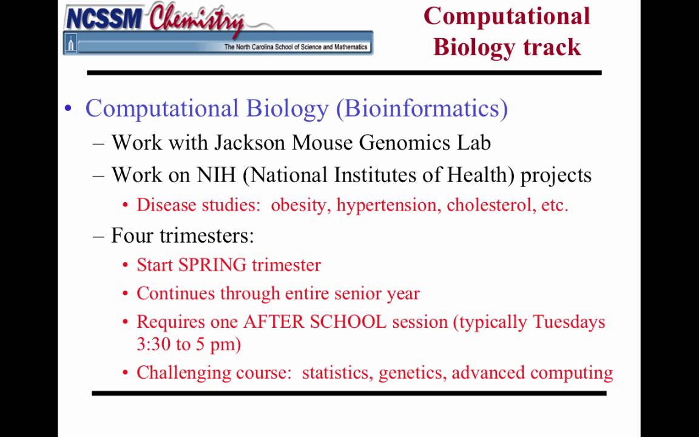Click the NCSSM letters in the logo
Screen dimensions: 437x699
click(x=104, y=18)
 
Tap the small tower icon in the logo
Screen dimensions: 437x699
click(x=71, y=44)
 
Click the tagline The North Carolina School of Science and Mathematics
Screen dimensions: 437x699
click(x=295, y=47)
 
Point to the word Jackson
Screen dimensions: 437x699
click(x=250, y=143)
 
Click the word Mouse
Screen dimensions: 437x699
click(x=323, y=143)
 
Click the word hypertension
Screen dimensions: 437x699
click(x=388, y=205)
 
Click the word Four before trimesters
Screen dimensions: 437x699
click(x=132, y=235)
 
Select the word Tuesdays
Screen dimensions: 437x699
click(x=569, y=322)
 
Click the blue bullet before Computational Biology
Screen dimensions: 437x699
click(x=68, y=109)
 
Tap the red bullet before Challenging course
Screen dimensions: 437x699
click(x=125, y=373)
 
